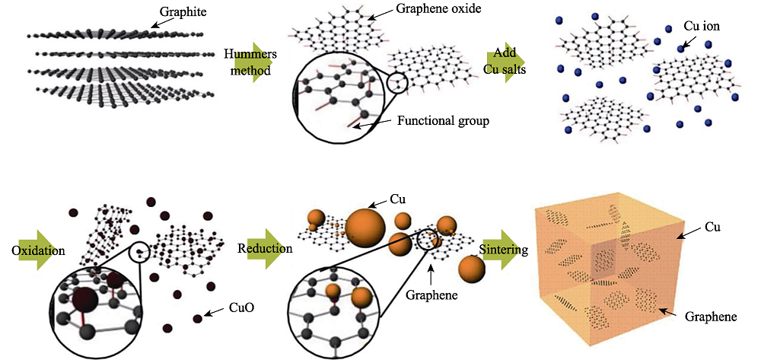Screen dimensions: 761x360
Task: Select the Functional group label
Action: pos(443,120)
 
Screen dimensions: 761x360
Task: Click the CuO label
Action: pos(240,307)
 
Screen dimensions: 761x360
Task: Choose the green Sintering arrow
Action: pos(501,250)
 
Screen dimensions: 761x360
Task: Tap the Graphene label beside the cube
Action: pos(711,317)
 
